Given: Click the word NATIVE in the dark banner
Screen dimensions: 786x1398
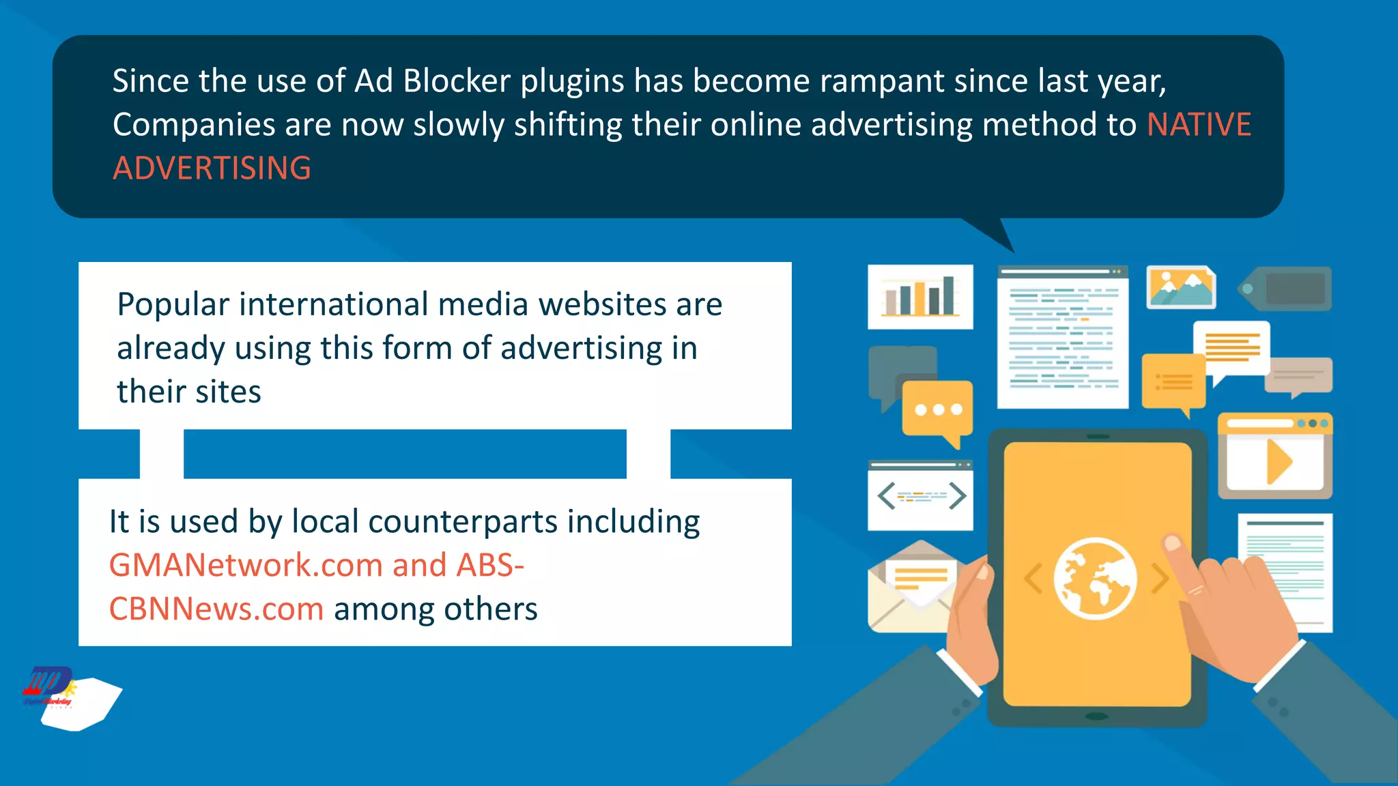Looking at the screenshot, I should click(x=1199, y=125).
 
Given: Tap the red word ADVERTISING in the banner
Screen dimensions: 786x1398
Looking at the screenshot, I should click(x=212, y=169).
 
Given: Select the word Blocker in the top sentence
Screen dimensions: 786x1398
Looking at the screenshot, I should click(x=457, y=81).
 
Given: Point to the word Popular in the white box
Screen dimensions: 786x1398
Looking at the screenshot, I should click(x=173, y=305).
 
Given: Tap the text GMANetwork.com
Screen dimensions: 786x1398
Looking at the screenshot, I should click(x=245, y=565).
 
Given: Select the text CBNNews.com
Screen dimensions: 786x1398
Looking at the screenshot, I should click(x=216, y=609).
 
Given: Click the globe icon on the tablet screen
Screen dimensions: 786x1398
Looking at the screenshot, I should click(x=1095, y=579).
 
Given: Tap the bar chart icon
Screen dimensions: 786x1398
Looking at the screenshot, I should click(x=920, y=297).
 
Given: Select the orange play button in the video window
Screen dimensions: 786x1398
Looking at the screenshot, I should click(x=1279, y=462).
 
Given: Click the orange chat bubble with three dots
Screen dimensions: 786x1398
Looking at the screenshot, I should click(x=937, y=410).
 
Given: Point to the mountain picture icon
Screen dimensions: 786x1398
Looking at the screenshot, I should click(x=1181, y=287).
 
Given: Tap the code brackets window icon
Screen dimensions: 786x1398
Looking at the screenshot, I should click(x=920, y=496).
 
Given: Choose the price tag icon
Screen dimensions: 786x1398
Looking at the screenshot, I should click(x=1285, y=289).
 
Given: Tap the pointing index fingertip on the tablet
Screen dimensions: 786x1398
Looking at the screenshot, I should click(x=1173, y=544).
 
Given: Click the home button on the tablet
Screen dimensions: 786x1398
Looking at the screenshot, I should click(x=1096, y=716).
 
